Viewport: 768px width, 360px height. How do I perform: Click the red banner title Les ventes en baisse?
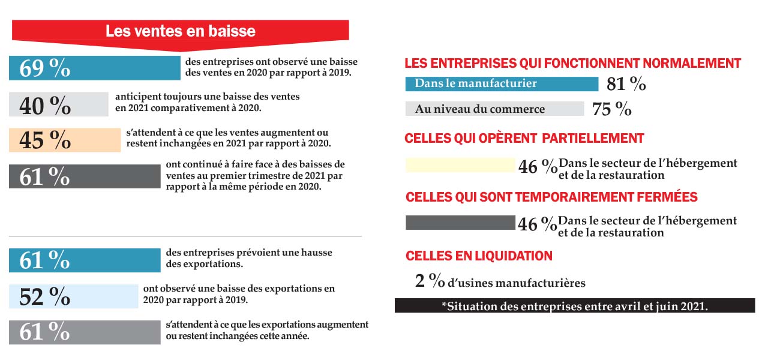pyautogui.click(x=180, y=31)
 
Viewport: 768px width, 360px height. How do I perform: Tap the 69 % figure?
pyautogui.click(x=45, y=68)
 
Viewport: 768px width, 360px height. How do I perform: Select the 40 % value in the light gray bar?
pyautogui.click(x=45, y=105)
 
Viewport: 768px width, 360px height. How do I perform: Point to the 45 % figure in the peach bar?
pyautogui.click(x=45, y=140)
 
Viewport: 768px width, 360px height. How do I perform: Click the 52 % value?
pyautogui.click(x=45, y=296)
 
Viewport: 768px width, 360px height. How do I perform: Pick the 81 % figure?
pyautogui.click(x=626, y=85)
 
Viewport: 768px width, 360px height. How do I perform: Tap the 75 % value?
pyautogui.click(x=611, y=109)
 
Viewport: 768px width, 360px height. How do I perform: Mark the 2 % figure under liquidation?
pyautogui.click(x=430, y=281)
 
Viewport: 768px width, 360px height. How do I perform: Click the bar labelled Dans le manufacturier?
pyautogui.click(x=502, y=84)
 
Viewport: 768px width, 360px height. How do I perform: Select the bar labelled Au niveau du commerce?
pyautogui.click(x=494, y=109)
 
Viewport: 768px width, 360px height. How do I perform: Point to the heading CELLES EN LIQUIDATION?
pyautogui.click(x=479, y=256)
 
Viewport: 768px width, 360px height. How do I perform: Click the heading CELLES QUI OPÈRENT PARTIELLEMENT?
pyautogui.click(x=524, y=139)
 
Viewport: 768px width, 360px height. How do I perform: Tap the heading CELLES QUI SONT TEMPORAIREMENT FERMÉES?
pyautogui.click(x=551, y=197)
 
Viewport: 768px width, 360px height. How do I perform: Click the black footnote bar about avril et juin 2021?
pyautogui.click(x=574, y=306)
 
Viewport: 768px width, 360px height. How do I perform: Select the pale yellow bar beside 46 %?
pyautogui.click(x=460, y=165)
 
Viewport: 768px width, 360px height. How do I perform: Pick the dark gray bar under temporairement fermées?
pyautogui.click(x=460, y=223)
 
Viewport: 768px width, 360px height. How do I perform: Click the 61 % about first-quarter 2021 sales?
pyautogui.click(x=45, y=176)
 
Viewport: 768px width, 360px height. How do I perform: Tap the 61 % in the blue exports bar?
pyautogui.click(x=45, y=260)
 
